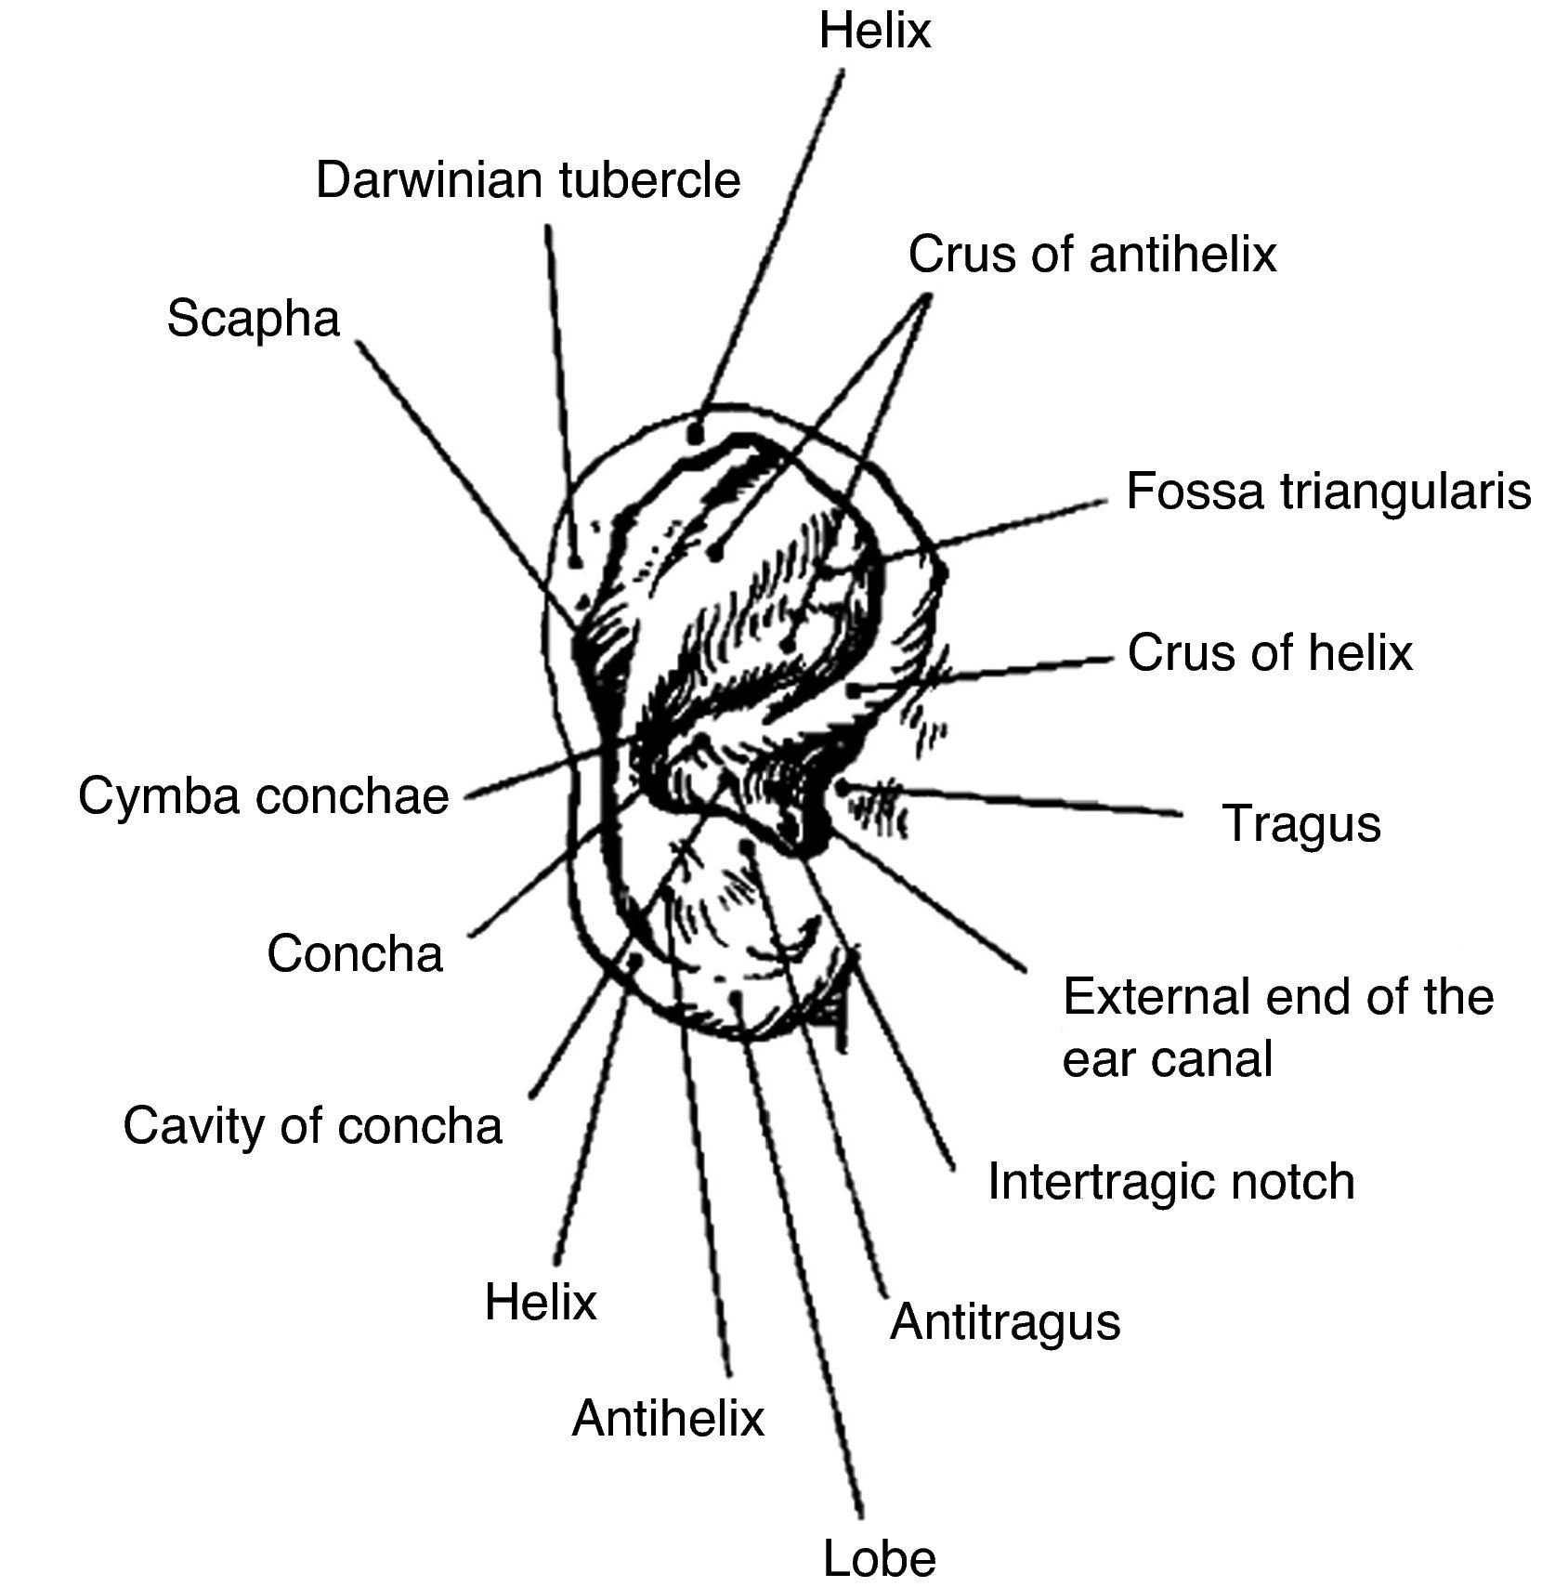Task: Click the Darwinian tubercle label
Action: tap(528, 179)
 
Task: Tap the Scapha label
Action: tap(254, 319)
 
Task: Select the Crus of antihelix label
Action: tap(1091, 254)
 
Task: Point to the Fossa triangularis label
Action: tap(1328, 491)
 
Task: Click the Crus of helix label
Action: tap(1269, 653)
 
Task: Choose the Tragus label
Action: tap(1301, 823)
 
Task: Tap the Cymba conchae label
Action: tap(264, 796)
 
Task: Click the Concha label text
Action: tap(355, 954)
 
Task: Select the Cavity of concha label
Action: tap(312, 1126)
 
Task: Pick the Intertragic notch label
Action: tap(1170, 1182)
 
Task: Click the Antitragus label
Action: tap(1005, 1321)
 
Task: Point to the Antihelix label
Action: tap(668, 1419)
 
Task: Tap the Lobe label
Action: tap(879, 1557)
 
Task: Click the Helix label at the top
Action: tap(874, 31)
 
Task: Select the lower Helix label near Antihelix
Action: tap(540, 1302)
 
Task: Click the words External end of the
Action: tap(1277, 997)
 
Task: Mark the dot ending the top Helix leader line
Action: tap(695, 433)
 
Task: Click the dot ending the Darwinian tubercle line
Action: tap(576, 561)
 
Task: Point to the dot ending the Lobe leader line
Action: tap(737, 999)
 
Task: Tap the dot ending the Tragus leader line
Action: tap(842, 787)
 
